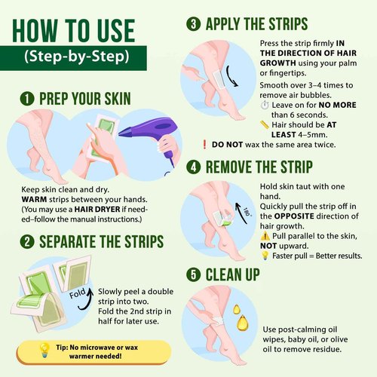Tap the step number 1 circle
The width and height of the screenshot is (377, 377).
28,99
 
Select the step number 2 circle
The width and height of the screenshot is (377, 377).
28,243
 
